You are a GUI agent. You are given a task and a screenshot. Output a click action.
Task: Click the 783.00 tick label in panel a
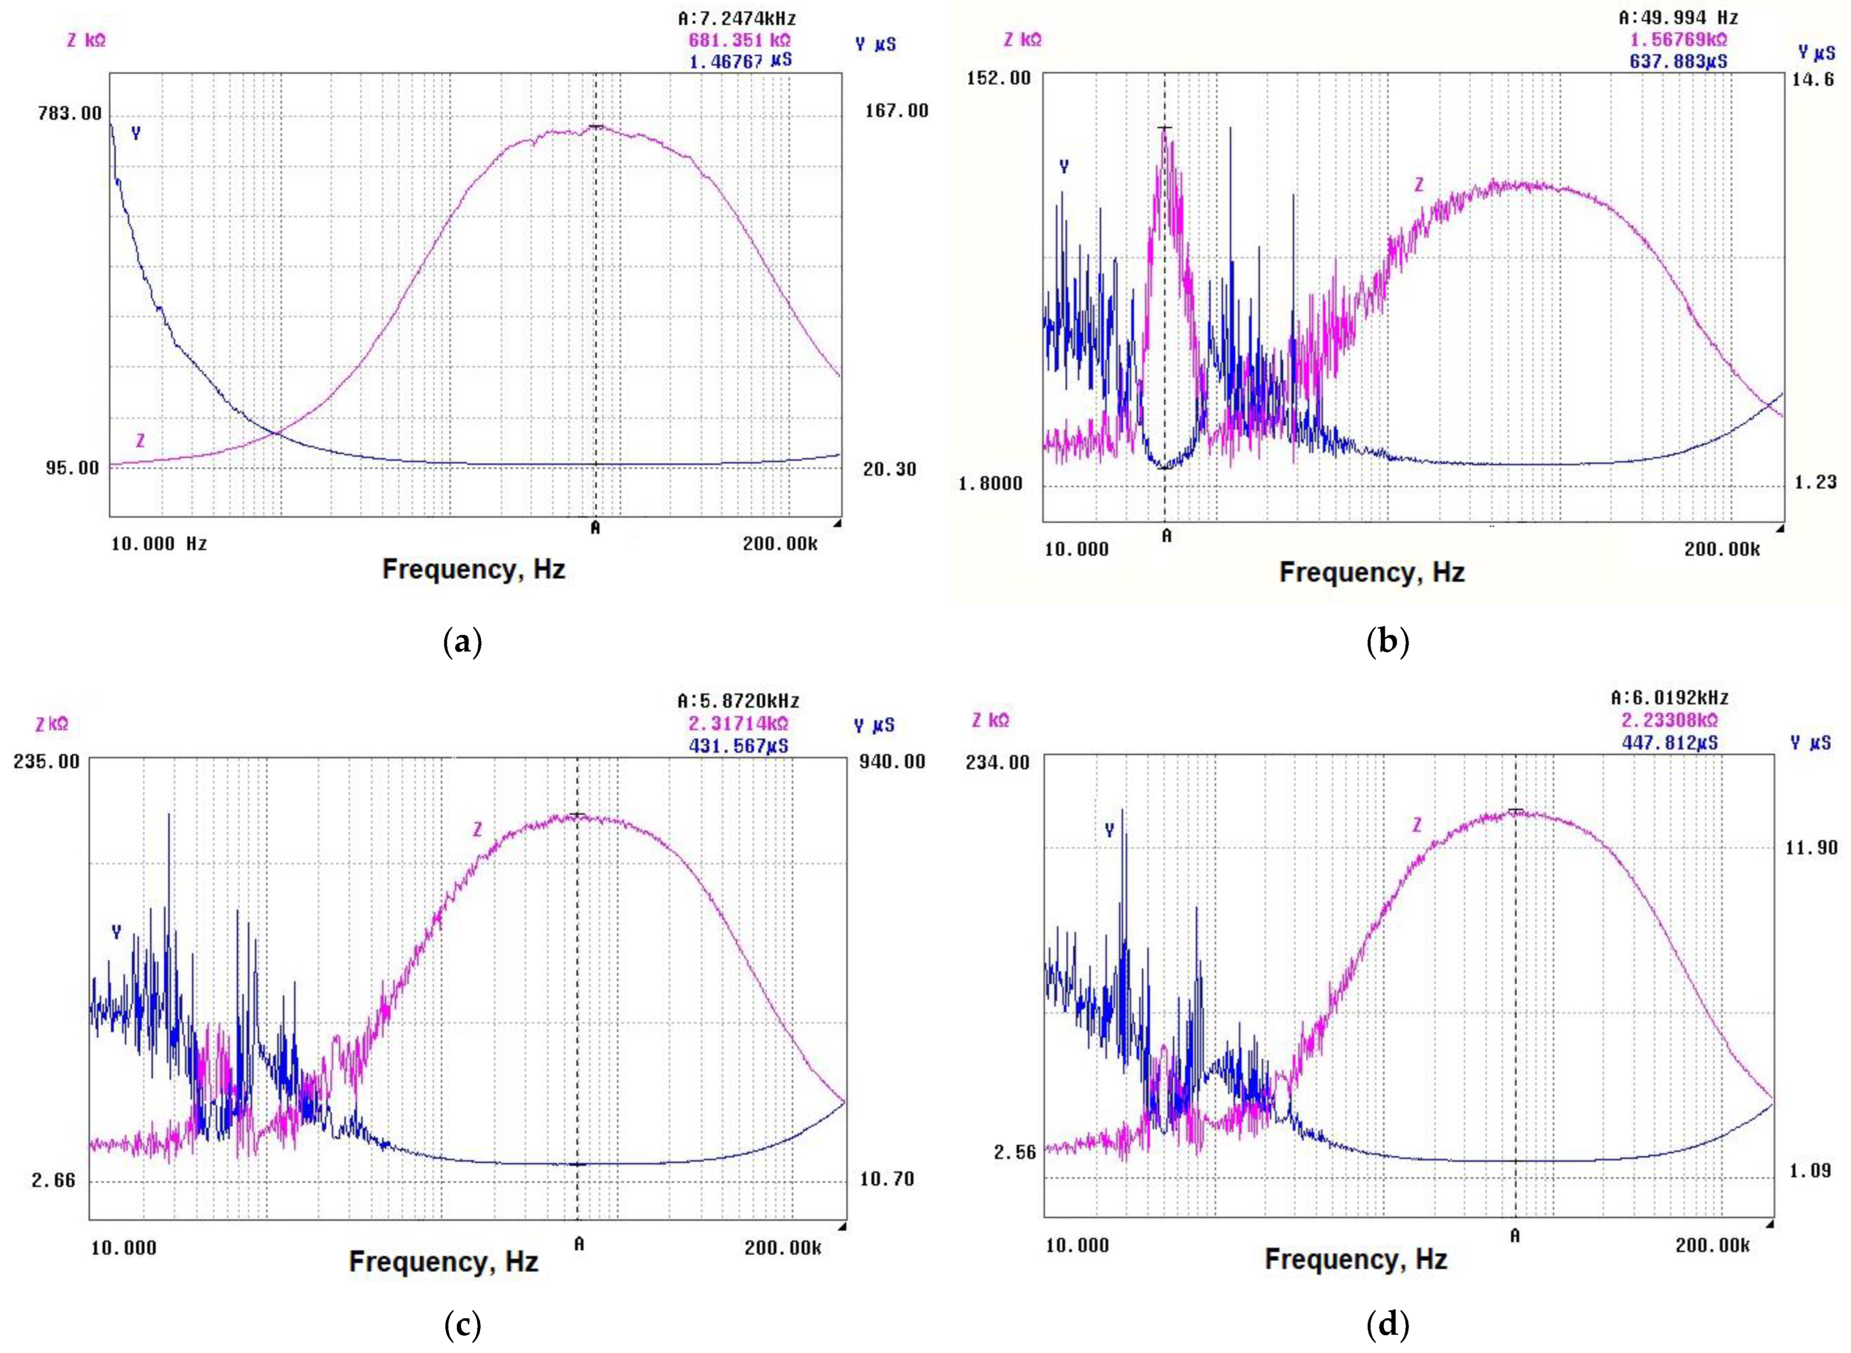point(70,113)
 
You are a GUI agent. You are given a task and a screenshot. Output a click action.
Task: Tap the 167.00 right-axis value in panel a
point(897,111)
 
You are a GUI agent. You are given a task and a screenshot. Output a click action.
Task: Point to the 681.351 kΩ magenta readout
point(739,39)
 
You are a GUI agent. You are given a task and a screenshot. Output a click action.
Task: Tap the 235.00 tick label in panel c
point(47,761)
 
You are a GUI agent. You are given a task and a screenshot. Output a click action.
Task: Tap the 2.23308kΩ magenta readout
point(1669,720)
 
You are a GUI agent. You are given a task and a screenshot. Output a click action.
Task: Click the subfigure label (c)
point(462,1324)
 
